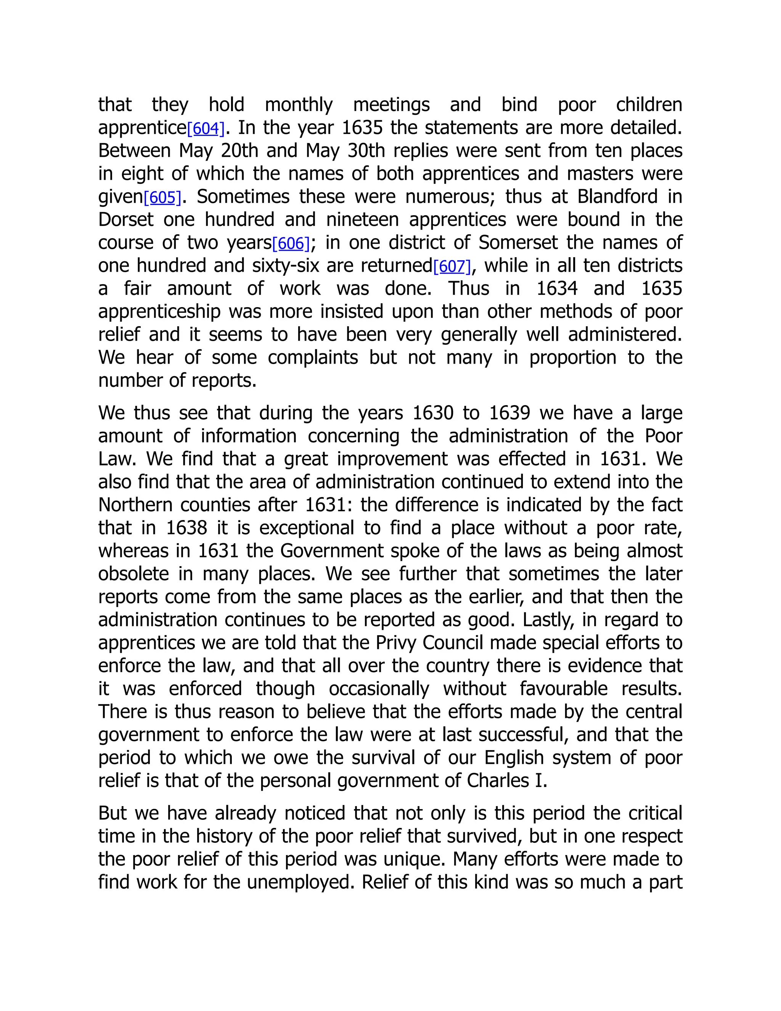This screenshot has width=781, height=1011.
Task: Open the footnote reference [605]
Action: click(162, 198)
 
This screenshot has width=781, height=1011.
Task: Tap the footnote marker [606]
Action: click(291, 244)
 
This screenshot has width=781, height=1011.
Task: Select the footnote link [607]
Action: click(452, 267)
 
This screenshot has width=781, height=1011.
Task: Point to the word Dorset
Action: click(125, 220)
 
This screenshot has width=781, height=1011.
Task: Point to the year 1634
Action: click(557, 289)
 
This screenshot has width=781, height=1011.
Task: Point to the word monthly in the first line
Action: click(299, 106)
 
